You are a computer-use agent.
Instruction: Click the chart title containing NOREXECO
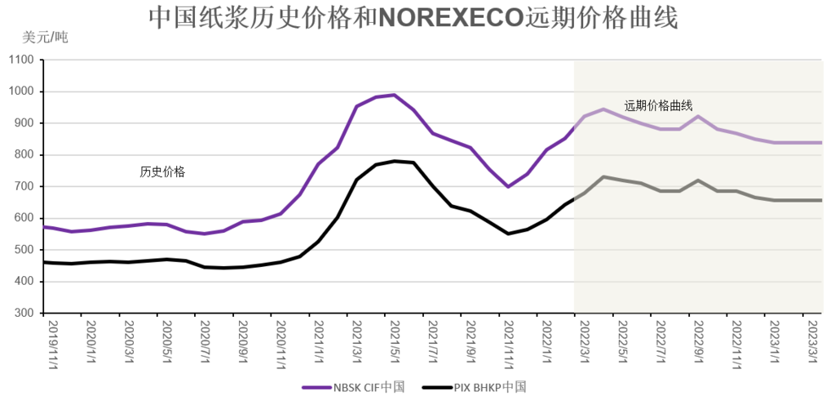pos(413,19)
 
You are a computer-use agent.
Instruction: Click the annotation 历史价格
pos(162,171)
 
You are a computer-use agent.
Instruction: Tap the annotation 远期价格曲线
pos(658,105)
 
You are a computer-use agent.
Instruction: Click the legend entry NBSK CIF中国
pos(354,387)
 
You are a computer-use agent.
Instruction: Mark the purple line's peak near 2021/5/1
pos(394,95)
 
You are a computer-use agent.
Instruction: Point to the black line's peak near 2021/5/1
pos(395,161)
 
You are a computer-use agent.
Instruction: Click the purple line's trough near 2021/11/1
pos(508,186)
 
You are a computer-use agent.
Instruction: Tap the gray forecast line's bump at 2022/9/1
pos(698,180)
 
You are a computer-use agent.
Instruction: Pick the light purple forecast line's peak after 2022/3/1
pos(603,109)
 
